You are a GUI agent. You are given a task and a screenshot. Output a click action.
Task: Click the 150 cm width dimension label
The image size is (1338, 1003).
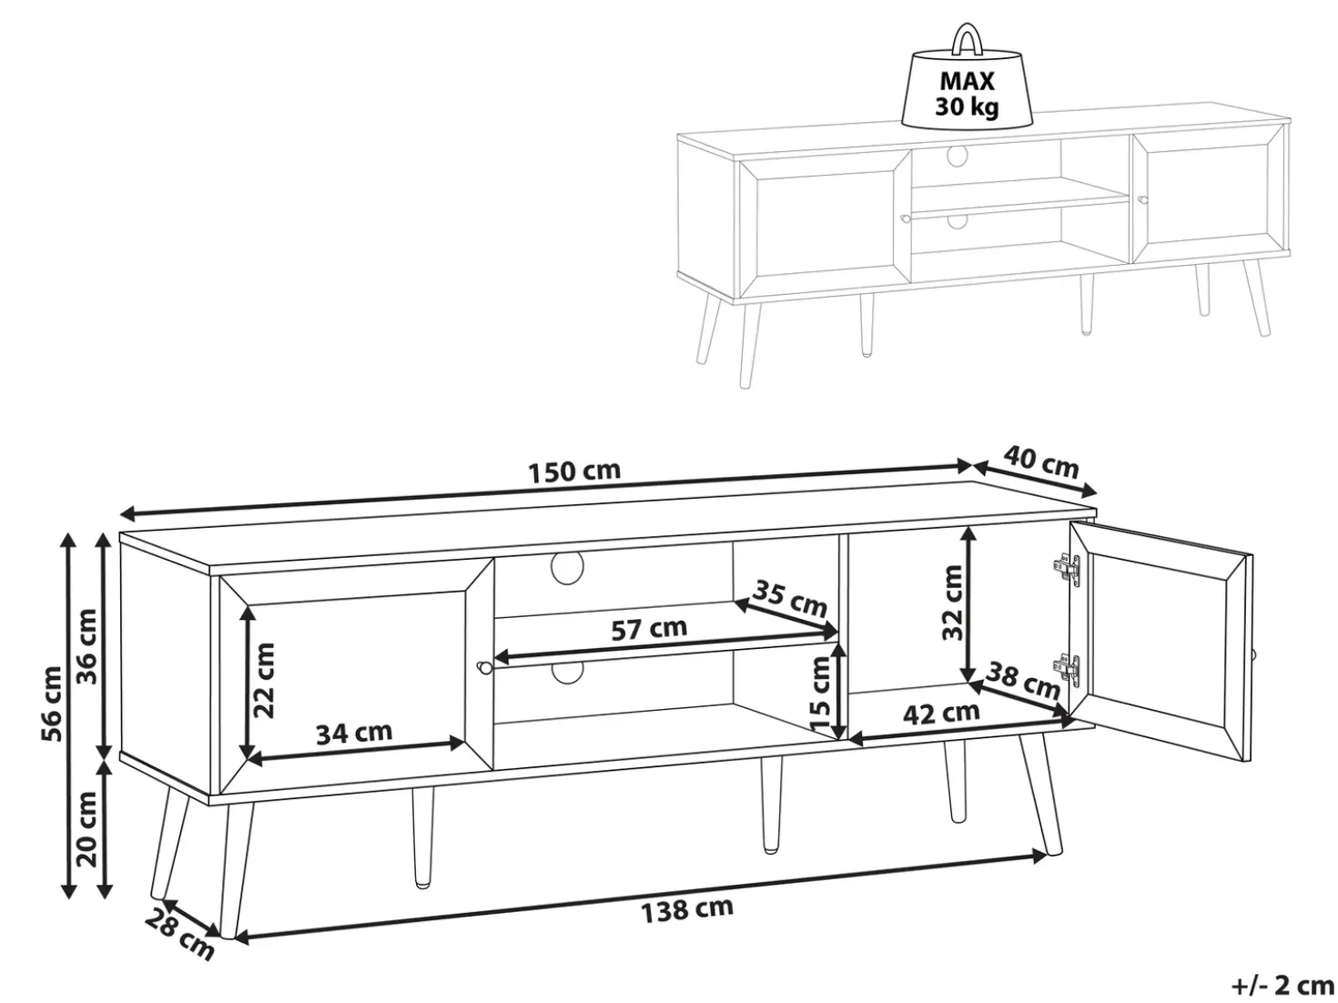574,471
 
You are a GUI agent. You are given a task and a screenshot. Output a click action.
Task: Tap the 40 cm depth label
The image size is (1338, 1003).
1040,462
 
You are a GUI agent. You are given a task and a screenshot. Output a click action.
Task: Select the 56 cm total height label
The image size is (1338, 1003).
52,704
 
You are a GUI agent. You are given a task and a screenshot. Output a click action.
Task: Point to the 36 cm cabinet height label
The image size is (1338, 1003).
87,646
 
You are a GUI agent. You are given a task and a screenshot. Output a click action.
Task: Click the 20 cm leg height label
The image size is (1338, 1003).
87,829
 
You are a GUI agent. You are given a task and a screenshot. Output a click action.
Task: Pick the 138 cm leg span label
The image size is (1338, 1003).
687,910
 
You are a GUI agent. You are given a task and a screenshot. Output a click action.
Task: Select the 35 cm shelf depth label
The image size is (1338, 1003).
790,598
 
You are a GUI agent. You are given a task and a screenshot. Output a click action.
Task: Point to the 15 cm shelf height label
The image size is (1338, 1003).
822,695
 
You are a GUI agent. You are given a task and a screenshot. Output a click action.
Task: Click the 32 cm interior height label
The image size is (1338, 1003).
952,603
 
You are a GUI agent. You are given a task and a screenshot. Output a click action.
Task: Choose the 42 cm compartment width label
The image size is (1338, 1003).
941,713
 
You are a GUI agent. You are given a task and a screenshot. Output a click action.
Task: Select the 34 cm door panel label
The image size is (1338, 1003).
353,733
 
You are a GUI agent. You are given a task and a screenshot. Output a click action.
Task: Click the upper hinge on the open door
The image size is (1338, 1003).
1067,567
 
